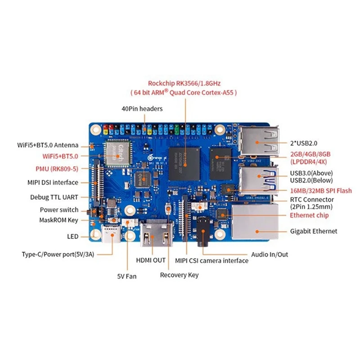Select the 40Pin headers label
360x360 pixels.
pyautogui.click(x=142, y=108)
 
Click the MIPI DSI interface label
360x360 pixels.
pyautogui.click(x=52, y=182)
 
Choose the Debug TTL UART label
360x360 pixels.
pyautogui.click(x=54, y=197)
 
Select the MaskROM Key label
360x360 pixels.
pyautogui.click(x=59, y=220)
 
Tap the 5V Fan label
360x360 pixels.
pyautogui.click(x=127, y=276)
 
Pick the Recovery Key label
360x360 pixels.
pyautogui.click(x=179, y=275)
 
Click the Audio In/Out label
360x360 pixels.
pyautogui.click(x=270, y=254)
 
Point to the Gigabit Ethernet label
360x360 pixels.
pyautogui.click(x=314, y=231)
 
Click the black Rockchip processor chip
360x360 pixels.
pyautogui.click(x=184, y=161)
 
